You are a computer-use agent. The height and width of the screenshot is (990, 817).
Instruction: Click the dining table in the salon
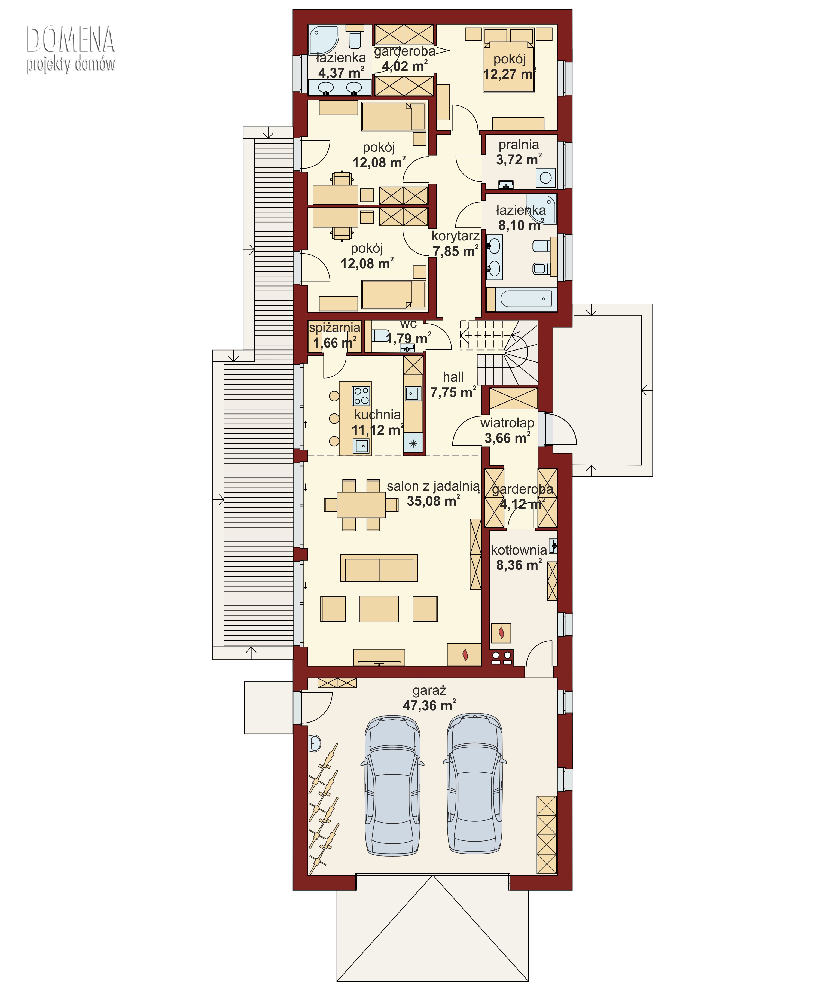[361, 505]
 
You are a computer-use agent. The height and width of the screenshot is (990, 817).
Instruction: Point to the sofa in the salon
[379, 568]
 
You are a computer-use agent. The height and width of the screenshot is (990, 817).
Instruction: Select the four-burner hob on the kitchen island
[361, 395]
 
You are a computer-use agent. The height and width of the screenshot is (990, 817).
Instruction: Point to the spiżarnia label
[335, 327]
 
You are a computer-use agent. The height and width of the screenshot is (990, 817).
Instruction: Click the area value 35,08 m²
[433, 501]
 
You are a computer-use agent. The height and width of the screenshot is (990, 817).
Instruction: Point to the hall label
[453, 377]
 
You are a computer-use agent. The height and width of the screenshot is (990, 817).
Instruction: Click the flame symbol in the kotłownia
[501, 633]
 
